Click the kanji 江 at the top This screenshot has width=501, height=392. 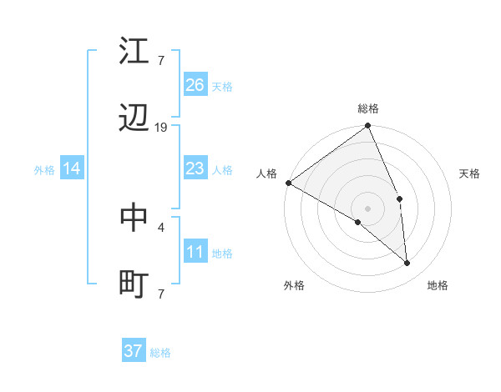pyautogui.click(x=134, y=51)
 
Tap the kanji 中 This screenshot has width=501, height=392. pyautogui.click(x=134, y=218)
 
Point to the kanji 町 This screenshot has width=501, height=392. pyautogui.click(x=134, y=284)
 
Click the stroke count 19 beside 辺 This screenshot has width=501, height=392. pyautogui.click(x=161, y=128)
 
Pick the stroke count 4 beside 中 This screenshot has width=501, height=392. pyautogui.click(x=161, y=226)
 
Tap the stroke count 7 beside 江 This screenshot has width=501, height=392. pyautogui.click(x=161, y=60)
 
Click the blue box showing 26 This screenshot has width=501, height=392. pyautogui.click(x=195, y=85)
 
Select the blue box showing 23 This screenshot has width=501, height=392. pyautogui.click(x=195, y=169)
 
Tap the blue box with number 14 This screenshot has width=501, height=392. pyautogui.click(x=72, y=169)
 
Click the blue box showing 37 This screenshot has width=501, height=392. pyautogui.click(x=134, y=351)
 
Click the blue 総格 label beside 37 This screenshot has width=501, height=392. pyautogui.click(x=161, y=353)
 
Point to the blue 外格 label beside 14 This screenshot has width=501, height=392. pyautogui.click(x=44, y=170)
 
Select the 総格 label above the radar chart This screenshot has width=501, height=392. pyautogui.click(x=368, y=108)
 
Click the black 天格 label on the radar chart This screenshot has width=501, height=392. pyautogui.click(x=470, y=173)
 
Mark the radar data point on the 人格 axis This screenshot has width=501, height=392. pyautogui.click(x=288, y=183)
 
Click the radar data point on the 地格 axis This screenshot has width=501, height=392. pyautogui.click(x=407, y=263)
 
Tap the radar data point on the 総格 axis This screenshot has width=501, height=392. pyautogui.click(x=368, y=127)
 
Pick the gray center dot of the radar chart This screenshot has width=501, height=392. pyautogui.click(x=368, y=208)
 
